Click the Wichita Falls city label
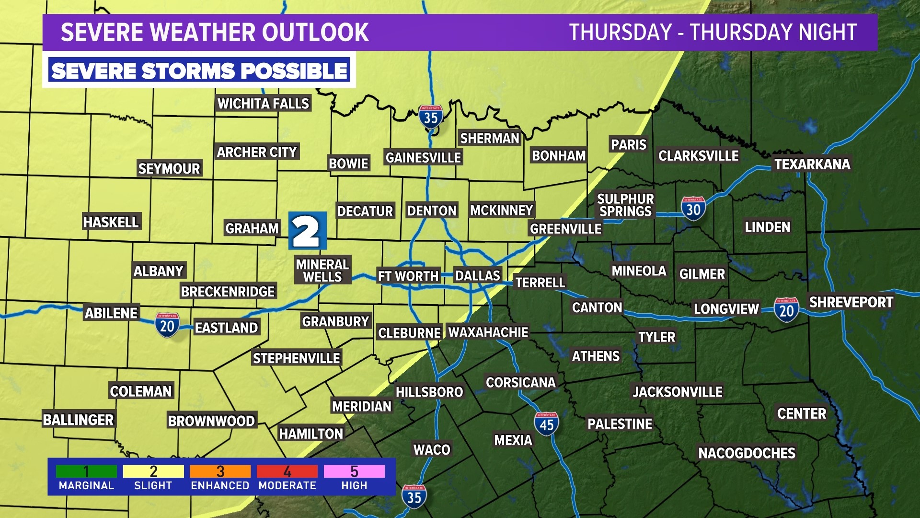(263, 104)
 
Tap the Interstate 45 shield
(546, 424)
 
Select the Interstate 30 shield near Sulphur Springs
(693, 209)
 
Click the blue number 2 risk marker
(307, 231)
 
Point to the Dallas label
(477, 276)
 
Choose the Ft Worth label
(408, 276)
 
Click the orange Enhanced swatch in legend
(220, 471)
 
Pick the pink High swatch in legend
(354, 471)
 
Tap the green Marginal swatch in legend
(86, 471)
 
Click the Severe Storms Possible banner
(199, 71)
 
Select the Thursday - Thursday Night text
(713, 33)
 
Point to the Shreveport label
(851, 302)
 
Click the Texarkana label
(812, 164)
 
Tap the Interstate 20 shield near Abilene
(167, 325)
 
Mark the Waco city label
(432, 450)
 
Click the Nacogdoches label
(747, 453)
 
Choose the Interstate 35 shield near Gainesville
(430, 117)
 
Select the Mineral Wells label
(322, 271)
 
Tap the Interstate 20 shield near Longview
(786, 310)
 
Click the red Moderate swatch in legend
(287, 471)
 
